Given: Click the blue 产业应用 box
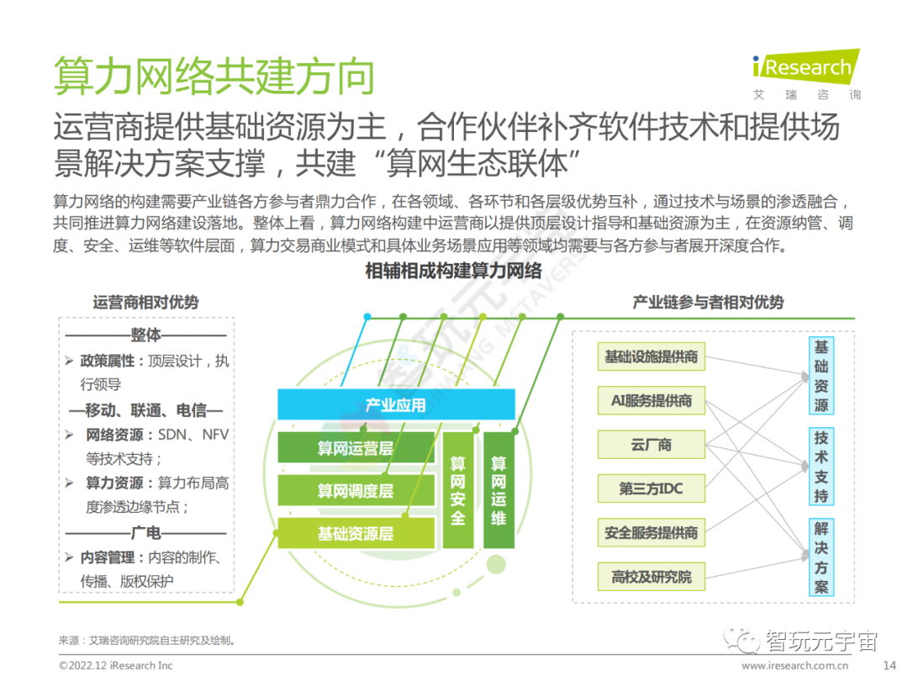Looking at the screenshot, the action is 396,405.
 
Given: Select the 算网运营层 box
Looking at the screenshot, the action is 356,448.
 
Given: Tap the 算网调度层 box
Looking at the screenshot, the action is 356,491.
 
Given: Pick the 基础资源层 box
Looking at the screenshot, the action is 356,533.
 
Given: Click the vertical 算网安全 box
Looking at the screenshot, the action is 457,491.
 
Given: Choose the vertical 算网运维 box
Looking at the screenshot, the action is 499,491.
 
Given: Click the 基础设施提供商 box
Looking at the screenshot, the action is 652,356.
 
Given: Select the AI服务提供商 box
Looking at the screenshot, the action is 652,400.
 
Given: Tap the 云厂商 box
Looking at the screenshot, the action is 652,445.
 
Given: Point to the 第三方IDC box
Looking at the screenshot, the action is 652,488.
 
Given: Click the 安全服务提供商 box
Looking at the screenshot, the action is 652,533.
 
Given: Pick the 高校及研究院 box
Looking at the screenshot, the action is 652,577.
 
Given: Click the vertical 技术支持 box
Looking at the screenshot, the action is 821,467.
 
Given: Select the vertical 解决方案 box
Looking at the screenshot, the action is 821,557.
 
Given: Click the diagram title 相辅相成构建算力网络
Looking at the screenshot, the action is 454,271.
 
